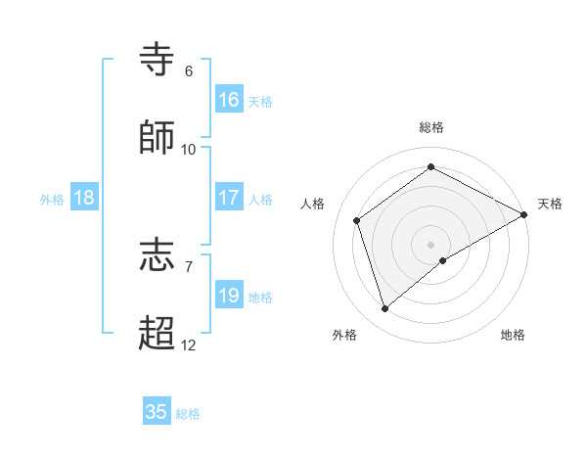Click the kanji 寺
(x=158, y=60)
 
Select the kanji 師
(x=158, y=138)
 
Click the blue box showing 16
(x=229, y=100)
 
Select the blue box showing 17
(x=229, y=198)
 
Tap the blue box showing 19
(x=229, y=296)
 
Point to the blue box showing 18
(x=84, y=198)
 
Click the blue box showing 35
(x=157, y=412)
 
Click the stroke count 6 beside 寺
(x=189, y=71)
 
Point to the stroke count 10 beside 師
(x=189, y=150)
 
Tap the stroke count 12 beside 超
(x=189, y=345)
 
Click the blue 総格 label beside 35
(x=188, y=414)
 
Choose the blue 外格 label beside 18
(x=52, y=200)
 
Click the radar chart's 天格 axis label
(x=550, y=204)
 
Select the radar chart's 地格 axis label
(x=513, y=335)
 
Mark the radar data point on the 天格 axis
(x=524, y=214)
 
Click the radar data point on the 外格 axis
(x=384, y=309)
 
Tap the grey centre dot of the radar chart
(x=431, y=244)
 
